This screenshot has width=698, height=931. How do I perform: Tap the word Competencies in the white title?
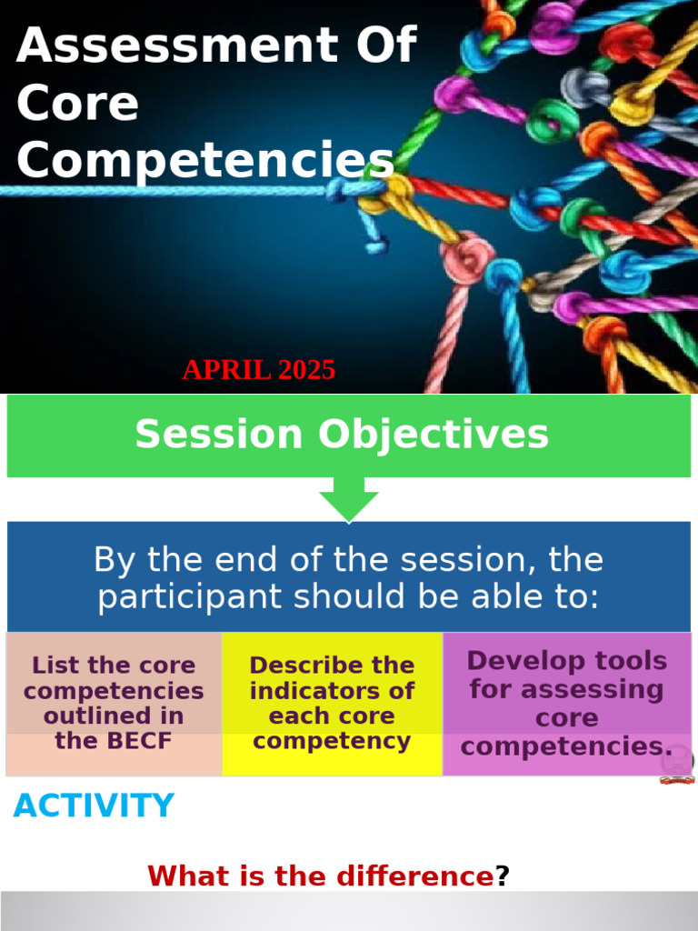(x=204, y=160)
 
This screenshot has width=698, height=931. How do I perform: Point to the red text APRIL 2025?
(x=258, y=370)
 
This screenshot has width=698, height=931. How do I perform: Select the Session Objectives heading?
(x=342, y=435)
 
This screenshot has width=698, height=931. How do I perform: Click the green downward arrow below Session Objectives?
(x=348, y=505)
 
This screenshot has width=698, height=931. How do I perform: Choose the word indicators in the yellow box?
(x=332, y=691)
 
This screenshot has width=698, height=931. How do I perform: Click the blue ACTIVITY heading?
(x=94, y=806)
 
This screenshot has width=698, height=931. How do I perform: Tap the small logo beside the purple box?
(x=677, y=766)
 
